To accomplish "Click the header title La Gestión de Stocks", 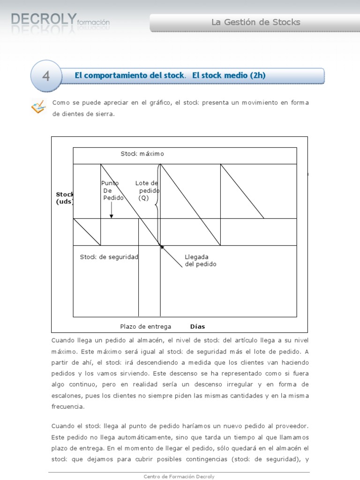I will pyautogui.click(x=255, y=22).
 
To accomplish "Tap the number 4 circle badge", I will pyautogui.click(x=46, y=75).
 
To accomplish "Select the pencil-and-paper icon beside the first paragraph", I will pyautogui.click(x=38, y=107).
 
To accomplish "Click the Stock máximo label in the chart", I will pyautogui.click(x=142, y=154).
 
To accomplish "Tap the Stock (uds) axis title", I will pyautogui.click(x=65, y=197).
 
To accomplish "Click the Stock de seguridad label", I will pyautogui.click(x=109, y=257).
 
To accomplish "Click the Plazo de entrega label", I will pyautogui.click(x=145, y=327).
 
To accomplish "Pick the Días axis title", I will pyautogui.click(x=197, y=327).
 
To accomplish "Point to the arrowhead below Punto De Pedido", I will pyautogui.click(x=112, y=216).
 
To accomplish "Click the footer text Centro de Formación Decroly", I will pyautogui.click(x=179, y=476).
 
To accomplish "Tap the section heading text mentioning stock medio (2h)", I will pyautogui.click(x=170, y=75).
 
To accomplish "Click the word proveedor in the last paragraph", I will pyautogui.click(x=292, y=426).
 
